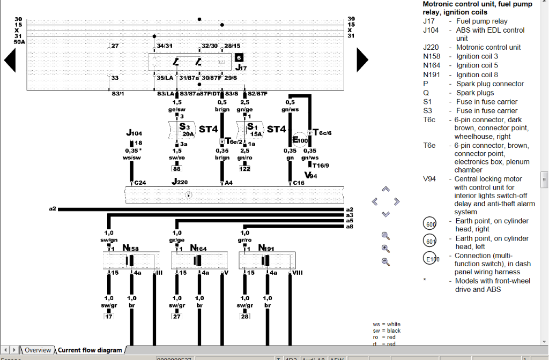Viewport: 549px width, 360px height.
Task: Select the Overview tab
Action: tap(38, 350)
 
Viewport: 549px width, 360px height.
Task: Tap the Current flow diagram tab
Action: tap(90, 350)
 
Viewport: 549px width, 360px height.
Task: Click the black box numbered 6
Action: tap(239, 57)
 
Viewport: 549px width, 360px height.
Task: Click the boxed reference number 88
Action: tap(176, 169)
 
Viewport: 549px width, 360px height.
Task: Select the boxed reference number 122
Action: tap(245, 169)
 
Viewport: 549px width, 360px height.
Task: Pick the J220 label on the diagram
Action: tap(180, 182)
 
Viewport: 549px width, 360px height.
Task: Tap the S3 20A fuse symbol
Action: tap(186, 129)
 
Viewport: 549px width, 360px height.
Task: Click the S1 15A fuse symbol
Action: tap(254, 129)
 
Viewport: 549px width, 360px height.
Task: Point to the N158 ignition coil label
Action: tap(130, 248)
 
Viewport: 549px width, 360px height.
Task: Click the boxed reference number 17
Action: tap(109, 316)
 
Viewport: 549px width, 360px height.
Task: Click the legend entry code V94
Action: tap(430, 179)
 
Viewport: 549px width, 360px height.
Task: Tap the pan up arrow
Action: tap(385, 189)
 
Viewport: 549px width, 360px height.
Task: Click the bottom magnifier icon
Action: tap(385, 261)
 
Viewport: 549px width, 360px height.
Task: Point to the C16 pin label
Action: tap(299, 183)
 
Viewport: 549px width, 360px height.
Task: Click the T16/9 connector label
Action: tap(321, 166)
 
